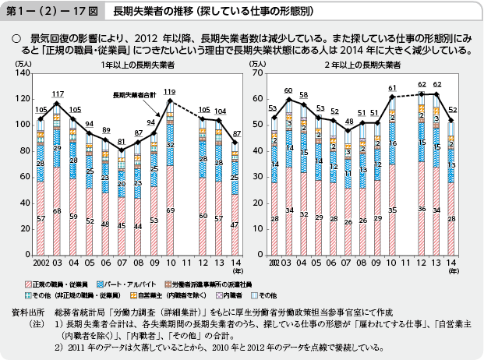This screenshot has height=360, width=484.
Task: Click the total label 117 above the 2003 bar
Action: tap(57, 94)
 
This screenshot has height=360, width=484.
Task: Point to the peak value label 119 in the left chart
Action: tap(169, 92)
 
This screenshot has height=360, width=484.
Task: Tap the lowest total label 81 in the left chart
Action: tap(122, 141)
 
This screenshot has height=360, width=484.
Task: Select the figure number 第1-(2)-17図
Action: tap(48, 12)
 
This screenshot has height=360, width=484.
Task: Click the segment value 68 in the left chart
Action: tap(57, 211)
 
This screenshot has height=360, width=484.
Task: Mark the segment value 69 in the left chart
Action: tap(169, 210)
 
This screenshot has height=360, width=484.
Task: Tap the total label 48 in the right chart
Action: tap(349, 122)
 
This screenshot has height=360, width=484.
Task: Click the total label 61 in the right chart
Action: tap(393, 87)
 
